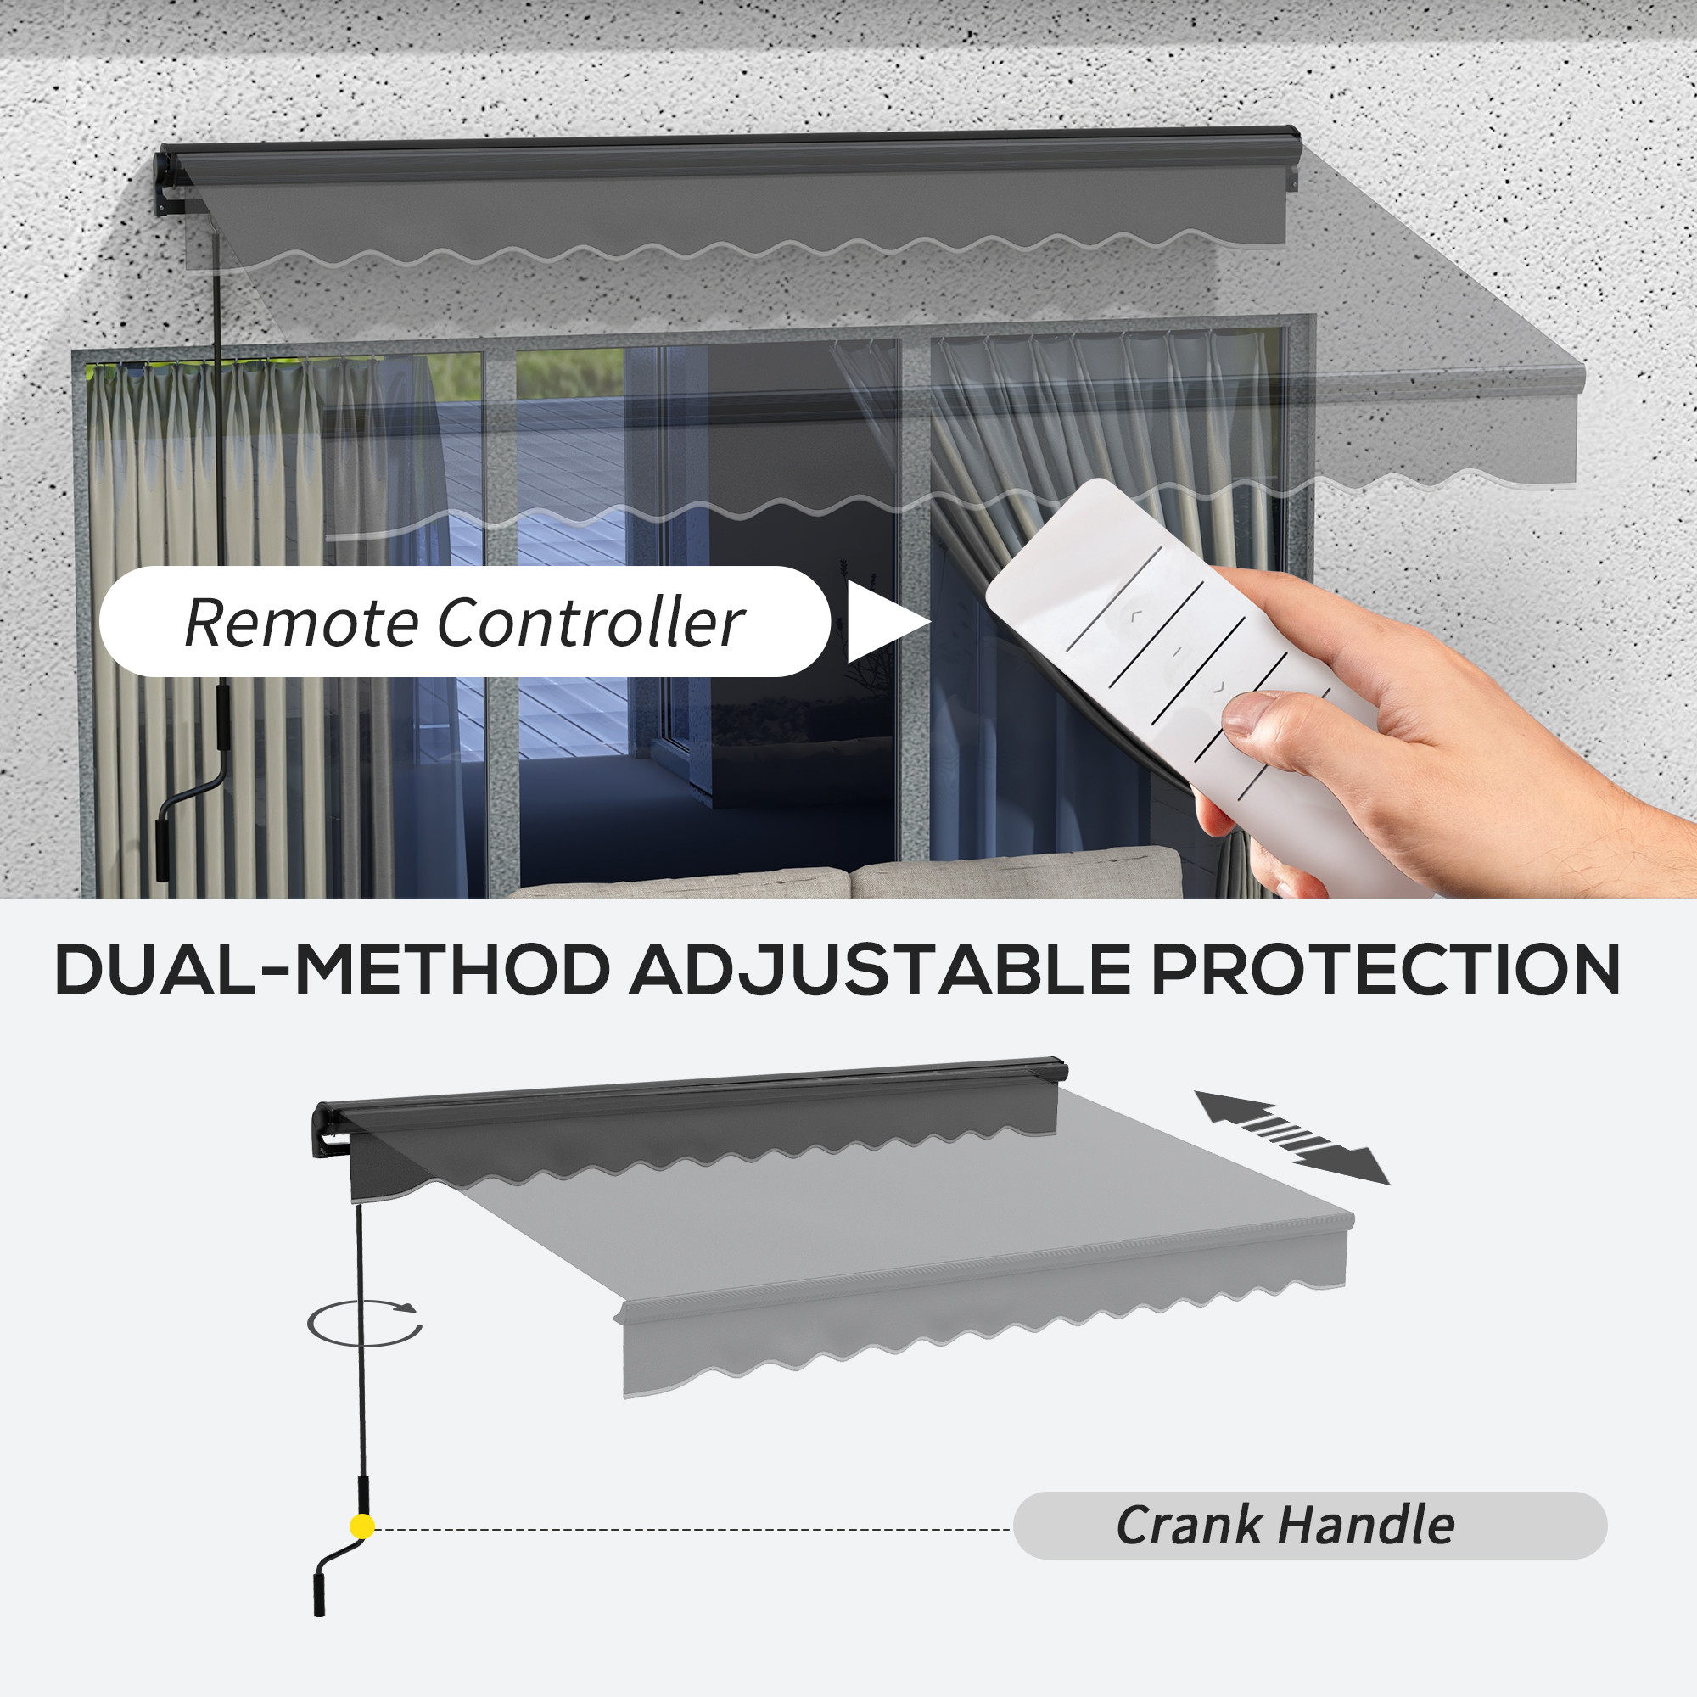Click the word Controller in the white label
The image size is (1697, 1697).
[591, 623]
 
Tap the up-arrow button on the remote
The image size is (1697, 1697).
[1136, 617]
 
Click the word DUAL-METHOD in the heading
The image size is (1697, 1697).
[333, 972]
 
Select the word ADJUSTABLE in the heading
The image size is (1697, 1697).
[880, 972]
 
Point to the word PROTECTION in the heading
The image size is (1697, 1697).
[1386, 972]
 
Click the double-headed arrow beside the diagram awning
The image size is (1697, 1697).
[1291, 1138]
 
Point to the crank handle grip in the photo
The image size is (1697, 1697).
[164, 849]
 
